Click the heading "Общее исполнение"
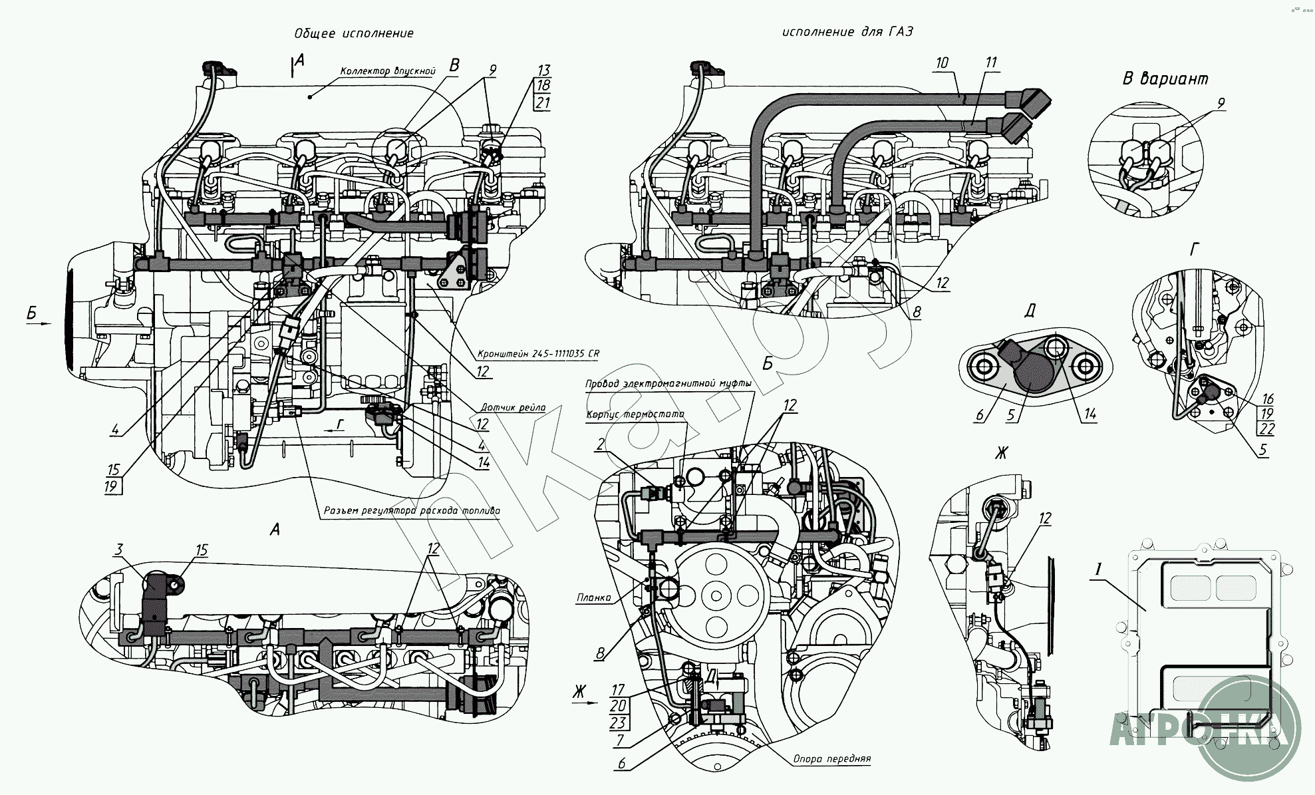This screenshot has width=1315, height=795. tap(354, 33)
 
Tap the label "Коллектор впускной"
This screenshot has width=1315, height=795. tap(387, 71)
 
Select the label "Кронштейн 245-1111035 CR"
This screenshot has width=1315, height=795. tap(538, 354)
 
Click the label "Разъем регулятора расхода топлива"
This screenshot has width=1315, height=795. tap(412, 511)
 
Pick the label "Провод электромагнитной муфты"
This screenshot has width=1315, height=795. tap(668, 384)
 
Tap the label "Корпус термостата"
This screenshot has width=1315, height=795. tap(635, 414)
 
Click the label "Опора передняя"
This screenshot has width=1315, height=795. tap(831, 758)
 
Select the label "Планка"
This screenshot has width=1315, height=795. tap(594, 597)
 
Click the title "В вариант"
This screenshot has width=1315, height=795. tap(1165, 79)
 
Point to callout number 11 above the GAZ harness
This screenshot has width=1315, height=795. tap(991, 63)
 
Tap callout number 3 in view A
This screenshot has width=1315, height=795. tap(118, 550)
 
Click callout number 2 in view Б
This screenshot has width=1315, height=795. tap(601, 444)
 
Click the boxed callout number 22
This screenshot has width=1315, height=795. tap(1266, 428)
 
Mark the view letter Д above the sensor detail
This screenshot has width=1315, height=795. tap(1030, 311)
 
